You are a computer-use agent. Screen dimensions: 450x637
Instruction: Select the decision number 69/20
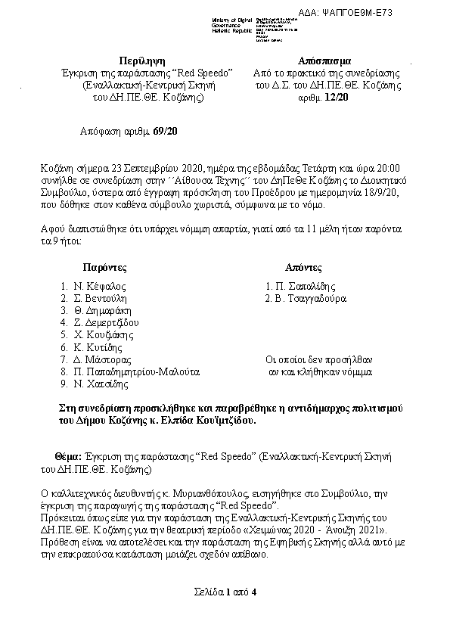tap(165, 132)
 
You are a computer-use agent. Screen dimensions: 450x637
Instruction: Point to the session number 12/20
tap(337, 98)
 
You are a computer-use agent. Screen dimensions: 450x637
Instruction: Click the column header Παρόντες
tap(104, 268)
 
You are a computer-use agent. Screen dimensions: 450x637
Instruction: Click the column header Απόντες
tap(303, 268)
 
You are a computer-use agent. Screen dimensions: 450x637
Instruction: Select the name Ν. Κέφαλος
tap(99, 287)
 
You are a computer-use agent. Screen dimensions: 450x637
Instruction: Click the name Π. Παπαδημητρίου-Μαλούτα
tap(136, 372)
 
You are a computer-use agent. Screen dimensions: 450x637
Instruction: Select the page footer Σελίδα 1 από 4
tap(225, 591)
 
